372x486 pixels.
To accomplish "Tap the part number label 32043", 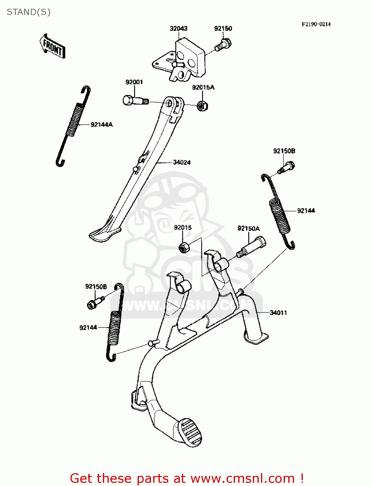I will click(178, 29).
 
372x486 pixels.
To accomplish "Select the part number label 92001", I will click(134, 82).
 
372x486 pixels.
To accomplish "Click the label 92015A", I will click(203, 87).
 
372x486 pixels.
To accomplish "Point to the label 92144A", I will click(102, 125).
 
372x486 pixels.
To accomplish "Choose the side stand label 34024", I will click(181, 162).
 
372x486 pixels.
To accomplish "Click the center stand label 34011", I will click(278, 313).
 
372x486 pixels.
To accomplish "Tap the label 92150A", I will click(248, 228).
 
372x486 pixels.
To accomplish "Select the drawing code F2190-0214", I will click(316, 24).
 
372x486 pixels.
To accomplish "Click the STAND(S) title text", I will click(29, 12).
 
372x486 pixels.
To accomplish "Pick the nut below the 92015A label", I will click(203, 106).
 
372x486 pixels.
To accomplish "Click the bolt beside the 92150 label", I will click(223, 45).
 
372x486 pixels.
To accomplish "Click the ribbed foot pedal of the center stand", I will click(190, 432).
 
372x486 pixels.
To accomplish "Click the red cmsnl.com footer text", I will click(187, 478).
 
